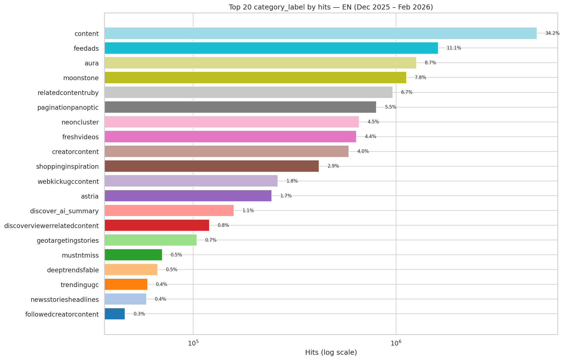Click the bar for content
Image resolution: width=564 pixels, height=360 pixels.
click(320, 33)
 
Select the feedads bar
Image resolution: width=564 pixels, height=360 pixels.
click(271, 48)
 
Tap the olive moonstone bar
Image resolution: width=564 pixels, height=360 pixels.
click(255, 77)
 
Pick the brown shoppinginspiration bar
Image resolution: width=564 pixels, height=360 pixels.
click(212, 166)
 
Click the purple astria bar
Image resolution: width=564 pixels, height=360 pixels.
click(188, 196)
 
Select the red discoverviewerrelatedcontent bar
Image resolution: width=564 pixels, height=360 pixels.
click(157, 225)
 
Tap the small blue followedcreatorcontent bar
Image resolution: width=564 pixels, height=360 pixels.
click(115, 314)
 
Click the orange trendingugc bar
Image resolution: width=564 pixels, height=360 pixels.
click(126, 284)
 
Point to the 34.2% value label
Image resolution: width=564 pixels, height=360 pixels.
click(552, 33)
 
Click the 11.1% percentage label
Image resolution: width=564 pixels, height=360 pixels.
click(454, 48)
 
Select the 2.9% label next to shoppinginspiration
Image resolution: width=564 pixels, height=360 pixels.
click(333, 166)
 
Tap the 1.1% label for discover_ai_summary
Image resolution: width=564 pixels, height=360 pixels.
click(248, 210)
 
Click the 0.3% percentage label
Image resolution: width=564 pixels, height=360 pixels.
click(139, 314)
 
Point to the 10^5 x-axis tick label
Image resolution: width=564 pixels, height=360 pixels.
click(193, 343)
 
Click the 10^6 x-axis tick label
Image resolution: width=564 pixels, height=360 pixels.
click(396, 343)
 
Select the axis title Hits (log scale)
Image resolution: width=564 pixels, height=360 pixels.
click(331, 352)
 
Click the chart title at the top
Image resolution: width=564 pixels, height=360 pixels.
click(331, 7)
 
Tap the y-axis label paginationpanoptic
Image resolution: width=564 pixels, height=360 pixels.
click(68, 107)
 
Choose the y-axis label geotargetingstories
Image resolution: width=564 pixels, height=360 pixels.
click(68, 241)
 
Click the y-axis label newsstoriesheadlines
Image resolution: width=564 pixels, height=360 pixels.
click(65, 300)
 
